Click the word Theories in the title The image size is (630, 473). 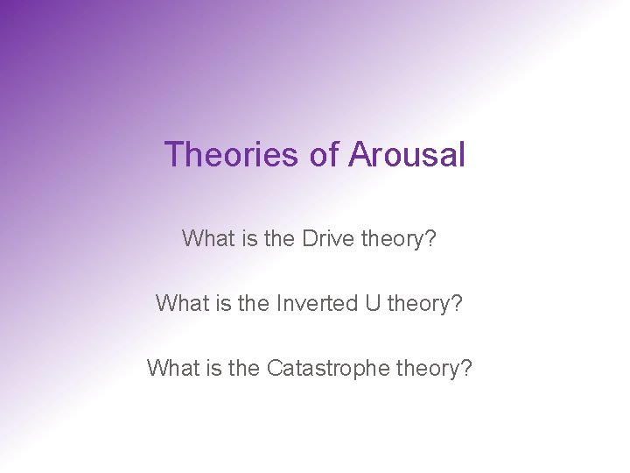tap(231, 155)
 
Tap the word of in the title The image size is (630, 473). tap(324, 155)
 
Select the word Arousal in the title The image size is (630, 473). tap(407, 155)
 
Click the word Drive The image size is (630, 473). tap(327, 238)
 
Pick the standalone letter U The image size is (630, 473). tap(372, 303)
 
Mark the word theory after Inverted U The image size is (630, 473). tap(416, 303)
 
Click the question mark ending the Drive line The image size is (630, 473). tap(429, 238)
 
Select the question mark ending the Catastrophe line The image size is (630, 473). tap(465, 368)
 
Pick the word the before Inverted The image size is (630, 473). tap(254, 303)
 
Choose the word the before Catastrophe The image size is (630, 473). tap(245, 368)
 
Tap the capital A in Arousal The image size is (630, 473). tap(360, 155)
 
